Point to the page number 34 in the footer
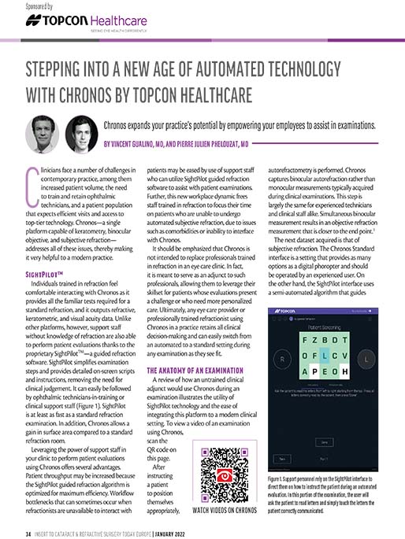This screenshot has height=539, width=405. pyautogui.click(x=28, y=533)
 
